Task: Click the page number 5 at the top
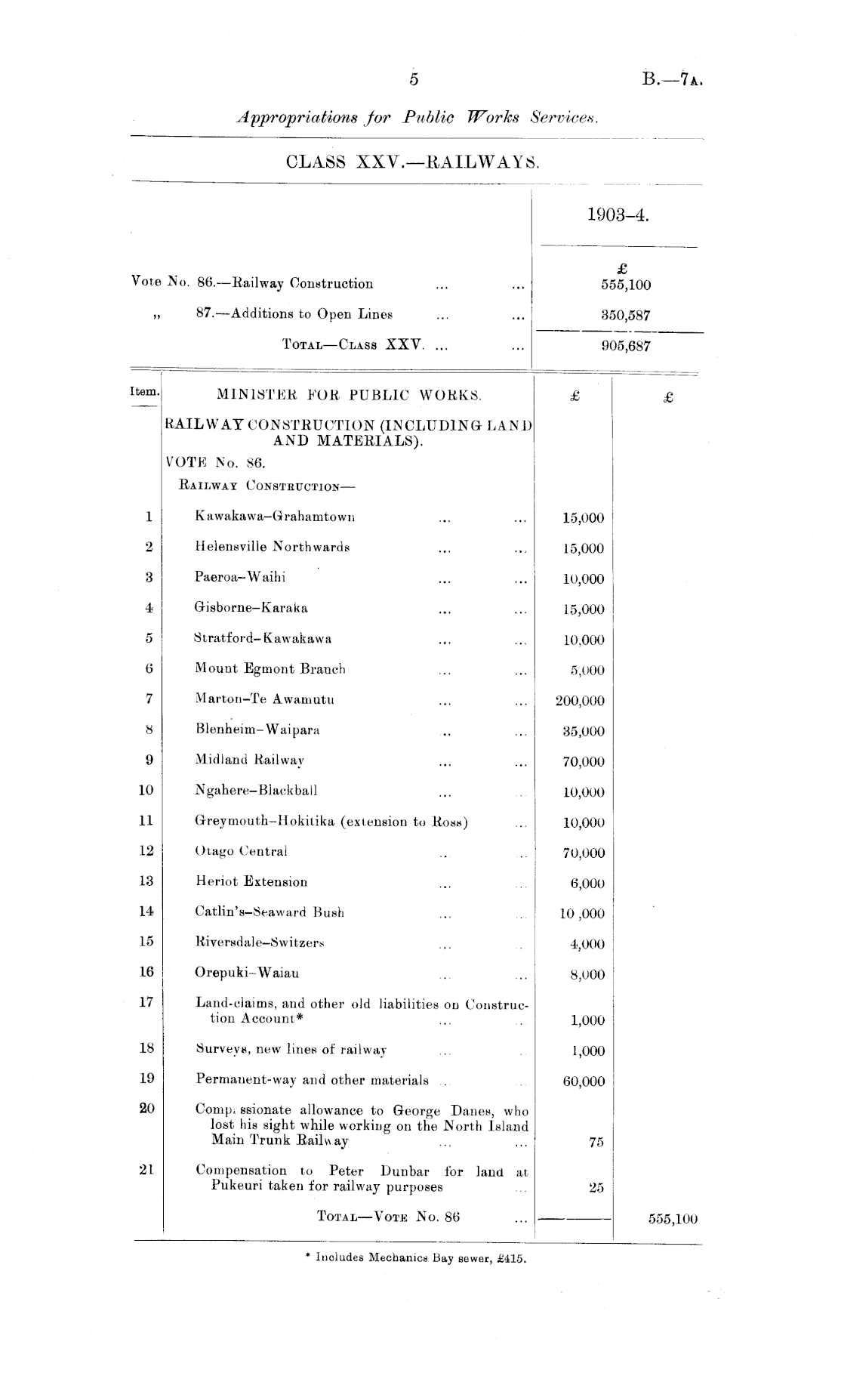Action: pyautogui.click(x=414, y=79)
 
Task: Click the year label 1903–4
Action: pyautogui.click(x=618, y=215)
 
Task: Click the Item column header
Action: pyautogui.click(x=144, y=392)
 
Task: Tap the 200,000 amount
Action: pyautogui.click(x=580, y=701)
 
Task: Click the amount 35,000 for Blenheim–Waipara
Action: pyautogui.click(x=584, y=731)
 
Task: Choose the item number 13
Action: pyautogui.click(x=146, y=881)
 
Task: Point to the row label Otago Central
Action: pyautogui.click(x=241, y=851)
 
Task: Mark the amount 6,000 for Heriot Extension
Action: pyautogui.click(x=587, y=883)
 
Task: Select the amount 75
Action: pyautogui.click(x=596, y=1142)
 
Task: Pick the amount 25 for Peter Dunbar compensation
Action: pyautogui.click(x=596, y=1187)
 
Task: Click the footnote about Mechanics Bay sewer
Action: pyautogui.click(x=414, y=1258)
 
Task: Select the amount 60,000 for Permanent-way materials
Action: pyautogui.click(x=584, y=1081)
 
